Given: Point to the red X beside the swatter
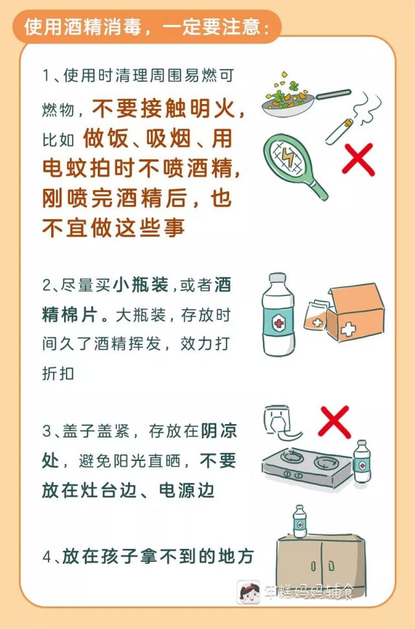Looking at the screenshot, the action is click(358, 159).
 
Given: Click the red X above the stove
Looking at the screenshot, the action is click(334, 421).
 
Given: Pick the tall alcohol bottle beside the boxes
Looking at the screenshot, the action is click(278, 314).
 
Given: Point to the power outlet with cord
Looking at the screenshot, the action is click(281, 423).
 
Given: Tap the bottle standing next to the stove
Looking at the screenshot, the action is click(362, 462).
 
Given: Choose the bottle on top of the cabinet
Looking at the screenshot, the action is click(300, 521).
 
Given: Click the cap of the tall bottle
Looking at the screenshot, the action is click(278, 279).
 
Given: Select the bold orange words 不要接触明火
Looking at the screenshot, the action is click(164, 109).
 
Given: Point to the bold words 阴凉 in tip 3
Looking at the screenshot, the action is click(219, 431).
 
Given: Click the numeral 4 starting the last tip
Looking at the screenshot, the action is click(47, 557).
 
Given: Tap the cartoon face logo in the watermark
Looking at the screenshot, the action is click(248, 592).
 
